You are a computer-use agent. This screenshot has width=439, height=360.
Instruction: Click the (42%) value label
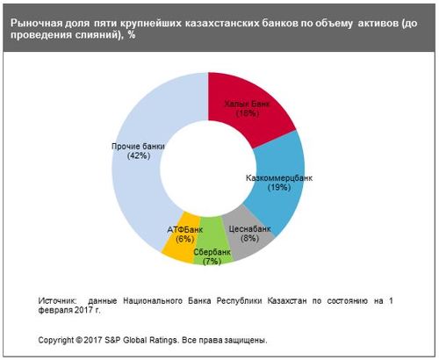tap(139, 155)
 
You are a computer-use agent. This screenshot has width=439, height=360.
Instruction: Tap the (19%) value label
tap(279, 187)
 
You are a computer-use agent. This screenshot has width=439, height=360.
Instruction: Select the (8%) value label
tap(249, 238)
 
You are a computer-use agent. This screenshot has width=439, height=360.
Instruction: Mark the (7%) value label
tap(212, 261)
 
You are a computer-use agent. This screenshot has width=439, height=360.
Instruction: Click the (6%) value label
tap(185, 239)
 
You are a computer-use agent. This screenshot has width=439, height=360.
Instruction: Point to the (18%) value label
tap(248, 113)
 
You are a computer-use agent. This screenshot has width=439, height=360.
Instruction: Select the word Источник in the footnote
tap(58, 301)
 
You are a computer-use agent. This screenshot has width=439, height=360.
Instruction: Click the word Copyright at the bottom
tap(56, 341)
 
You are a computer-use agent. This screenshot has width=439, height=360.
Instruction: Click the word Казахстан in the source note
tap(287, 301)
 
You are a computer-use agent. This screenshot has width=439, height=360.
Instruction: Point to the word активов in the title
tap(378, 23)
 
